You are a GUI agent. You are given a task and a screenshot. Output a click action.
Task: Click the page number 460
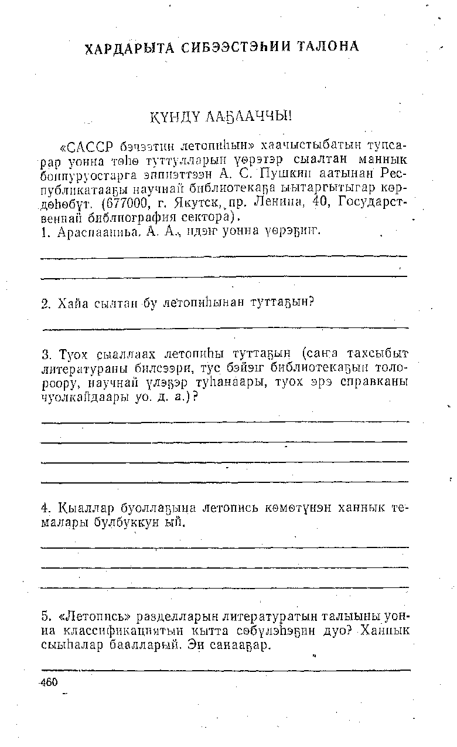pos(49,682)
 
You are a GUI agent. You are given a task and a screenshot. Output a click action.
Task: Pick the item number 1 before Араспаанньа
pos(45,234)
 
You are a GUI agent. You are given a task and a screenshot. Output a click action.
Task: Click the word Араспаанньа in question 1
pos(92,234)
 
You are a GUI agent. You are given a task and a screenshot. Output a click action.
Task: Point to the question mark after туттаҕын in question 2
pos(312,301)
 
